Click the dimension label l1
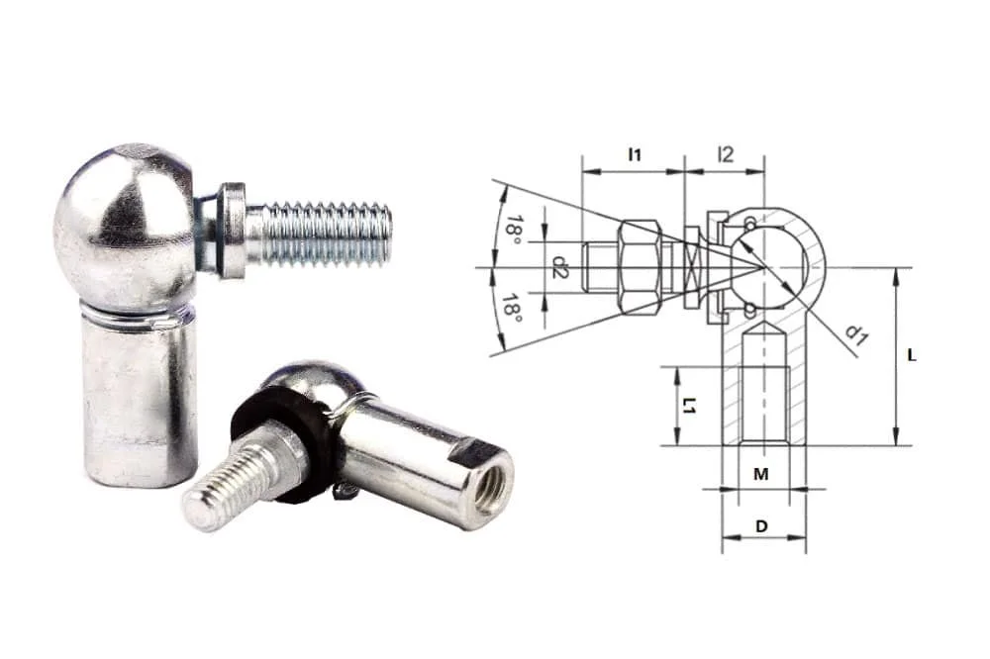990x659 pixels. (635, 154)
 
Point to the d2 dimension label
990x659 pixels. (559, 266)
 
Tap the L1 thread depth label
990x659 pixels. (690, 406)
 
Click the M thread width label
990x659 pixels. (760, 475)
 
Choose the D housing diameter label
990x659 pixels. (761, 527)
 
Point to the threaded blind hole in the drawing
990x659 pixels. (763, 396)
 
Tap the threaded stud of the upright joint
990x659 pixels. (322, 235)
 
